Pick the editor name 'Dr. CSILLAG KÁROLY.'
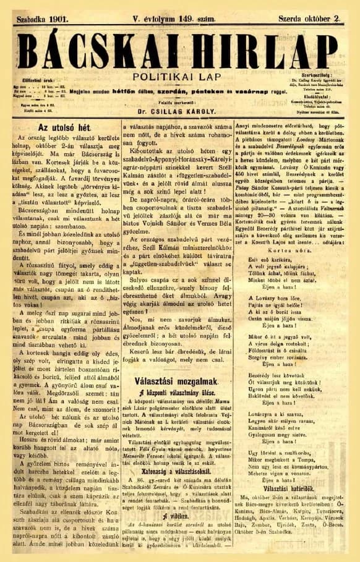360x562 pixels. pos(179,113)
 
